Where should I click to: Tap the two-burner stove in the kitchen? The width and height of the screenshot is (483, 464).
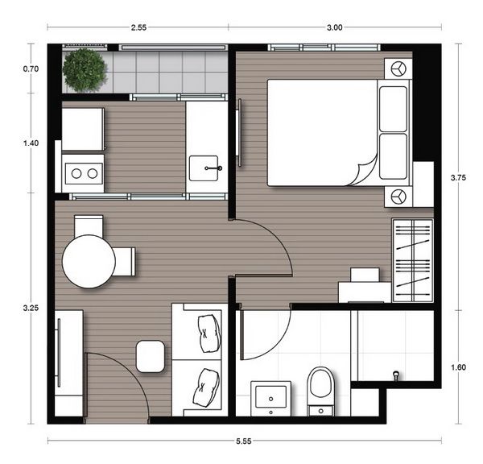[x=83, y=172]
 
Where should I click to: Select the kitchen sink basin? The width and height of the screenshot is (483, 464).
[x=208, y=169]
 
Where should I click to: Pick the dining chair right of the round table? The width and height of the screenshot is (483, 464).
[x=125, y=261]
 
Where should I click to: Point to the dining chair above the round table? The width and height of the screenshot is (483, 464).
[x=89, y=225]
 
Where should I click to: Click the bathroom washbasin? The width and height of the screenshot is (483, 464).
[x=270, y=396]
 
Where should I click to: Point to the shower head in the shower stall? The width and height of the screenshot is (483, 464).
[x=395, y=375]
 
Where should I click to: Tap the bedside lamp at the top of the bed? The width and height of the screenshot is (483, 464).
[x=396, y=69]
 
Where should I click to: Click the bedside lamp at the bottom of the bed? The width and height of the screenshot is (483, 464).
[x=397, y=196]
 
